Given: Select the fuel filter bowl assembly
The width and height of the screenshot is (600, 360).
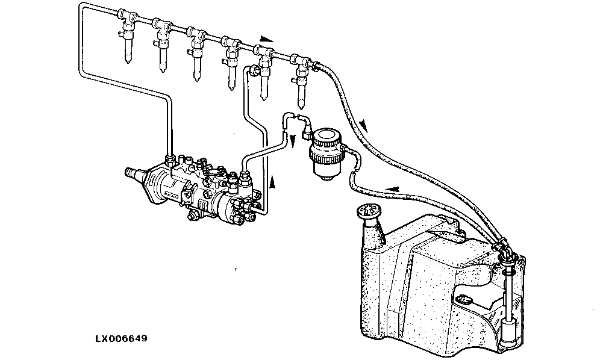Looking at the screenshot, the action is coord(325,153).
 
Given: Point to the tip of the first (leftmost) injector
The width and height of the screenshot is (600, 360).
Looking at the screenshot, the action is coord(128,62).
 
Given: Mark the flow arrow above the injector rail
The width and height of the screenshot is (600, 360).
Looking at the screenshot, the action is coord(267,39).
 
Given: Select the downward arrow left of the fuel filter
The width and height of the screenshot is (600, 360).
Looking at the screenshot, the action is coord(293,140).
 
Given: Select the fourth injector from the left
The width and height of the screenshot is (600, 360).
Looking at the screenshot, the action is coord(231,63).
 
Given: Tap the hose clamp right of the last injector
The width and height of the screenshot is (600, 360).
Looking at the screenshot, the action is coord(315,66).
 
